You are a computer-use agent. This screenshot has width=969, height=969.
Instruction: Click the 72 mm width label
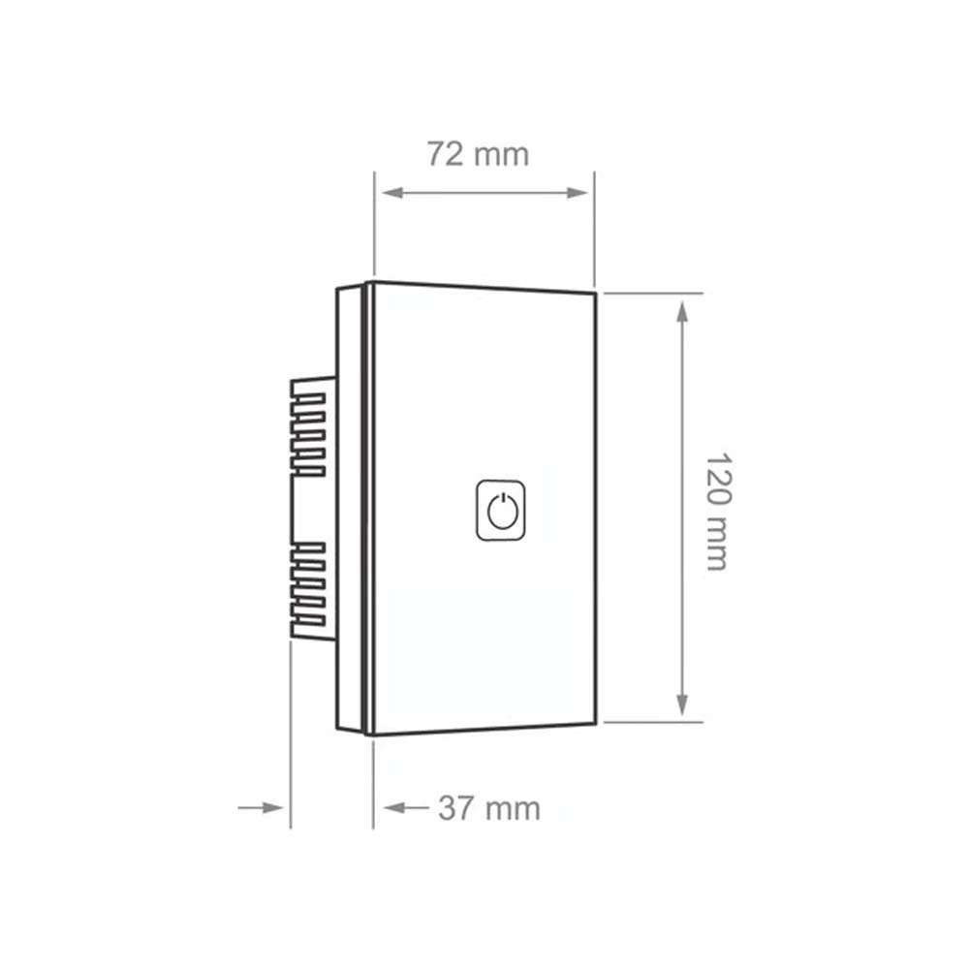tap(478, 153)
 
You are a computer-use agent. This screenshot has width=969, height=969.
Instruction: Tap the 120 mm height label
tap(716, 511)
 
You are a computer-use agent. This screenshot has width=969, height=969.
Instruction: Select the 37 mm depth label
tap(488, 808)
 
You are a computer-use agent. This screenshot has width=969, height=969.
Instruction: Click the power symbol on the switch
tap(502, 510)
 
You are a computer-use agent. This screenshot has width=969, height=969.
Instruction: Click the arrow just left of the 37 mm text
tap(397, 807)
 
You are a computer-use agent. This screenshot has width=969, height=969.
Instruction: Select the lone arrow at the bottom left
tap(271, 806)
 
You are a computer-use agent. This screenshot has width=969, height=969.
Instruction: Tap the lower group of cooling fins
tap(308, 591)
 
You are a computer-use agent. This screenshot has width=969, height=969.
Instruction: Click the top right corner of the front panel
tap(594, 291)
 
